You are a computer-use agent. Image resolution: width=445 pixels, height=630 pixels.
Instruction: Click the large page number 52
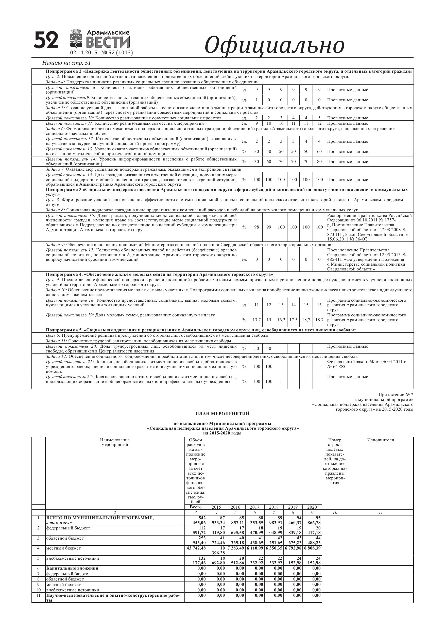pos(46,40)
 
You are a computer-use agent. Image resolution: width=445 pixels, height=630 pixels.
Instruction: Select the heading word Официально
pos(275,45)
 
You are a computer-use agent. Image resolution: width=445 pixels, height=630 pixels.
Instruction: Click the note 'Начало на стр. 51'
pos(66,63)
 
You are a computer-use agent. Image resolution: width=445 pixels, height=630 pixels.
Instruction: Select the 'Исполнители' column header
pos(381,440)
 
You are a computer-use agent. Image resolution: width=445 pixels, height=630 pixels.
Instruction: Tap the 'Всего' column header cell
pos(196,507)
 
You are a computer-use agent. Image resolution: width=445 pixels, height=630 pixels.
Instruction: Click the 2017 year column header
pos(255,507)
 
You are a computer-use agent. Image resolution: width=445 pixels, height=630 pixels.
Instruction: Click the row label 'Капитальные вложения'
pos(72,568)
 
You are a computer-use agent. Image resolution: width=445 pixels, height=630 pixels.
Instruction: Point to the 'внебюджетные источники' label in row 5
pos(72,558)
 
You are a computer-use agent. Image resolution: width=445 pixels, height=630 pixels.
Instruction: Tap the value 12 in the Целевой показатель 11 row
pos(319,123)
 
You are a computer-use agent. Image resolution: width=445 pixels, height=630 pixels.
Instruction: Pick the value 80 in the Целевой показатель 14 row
pos(319,161)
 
